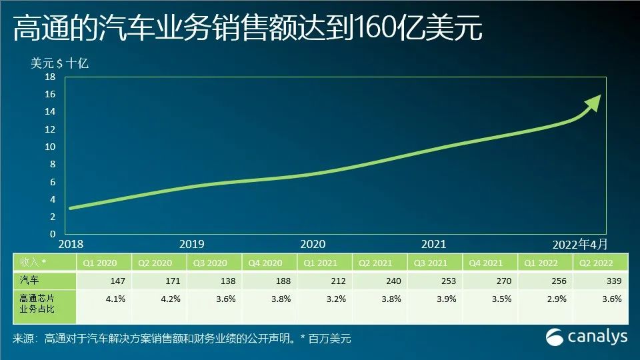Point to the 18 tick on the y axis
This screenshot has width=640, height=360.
point(50,77)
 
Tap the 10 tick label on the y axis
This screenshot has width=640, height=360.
point(50,147)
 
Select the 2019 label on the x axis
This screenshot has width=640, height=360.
point(192,244)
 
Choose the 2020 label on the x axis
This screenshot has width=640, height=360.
point(313,244)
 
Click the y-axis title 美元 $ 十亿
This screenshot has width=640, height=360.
point(59,63)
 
